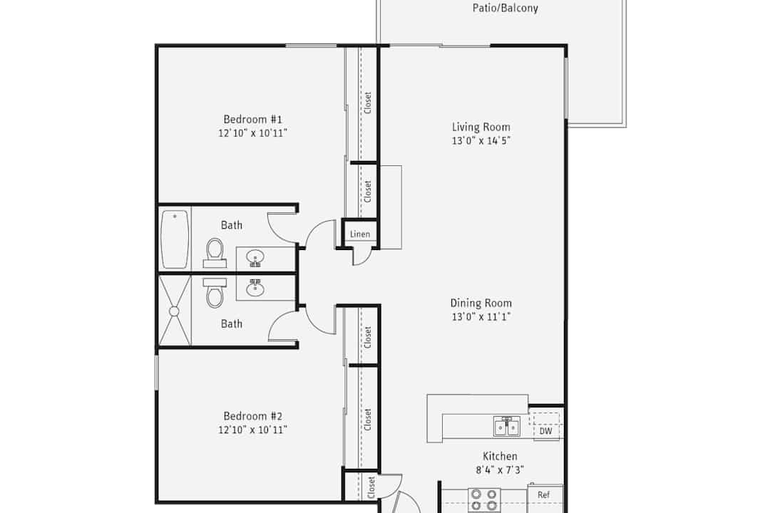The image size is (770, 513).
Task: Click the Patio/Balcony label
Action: click(x=505, y=8)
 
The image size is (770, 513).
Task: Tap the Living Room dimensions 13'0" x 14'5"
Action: click(x=481, y=141)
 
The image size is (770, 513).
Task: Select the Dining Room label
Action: click(x=481, y=303)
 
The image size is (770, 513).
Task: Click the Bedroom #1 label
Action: click(x=253, y=119)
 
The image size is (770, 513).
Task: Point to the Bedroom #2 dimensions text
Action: click(x=252, y=430)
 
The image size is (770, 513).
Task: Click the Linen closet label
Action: click(x=360, y=234)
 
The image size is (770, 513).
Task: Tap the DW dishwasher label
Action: click(x=545, y=431)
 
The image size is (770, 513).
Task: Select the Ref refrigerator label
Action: click(x=543, y=495)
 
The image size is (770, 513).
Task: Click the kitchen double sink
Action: click(x=507, y=426)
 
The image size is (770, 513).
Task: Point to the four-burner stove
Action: click(x=484, y=500)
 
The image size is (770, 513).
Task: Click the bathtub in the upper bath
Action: click(x=175, y=239)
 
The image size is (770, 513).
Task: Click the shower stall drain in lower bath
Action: click(x=174, y=311)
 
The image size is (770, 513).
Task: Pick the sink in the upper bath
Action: click(x=255, y=258)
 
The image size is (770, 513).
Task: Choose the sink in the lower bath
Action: click(x=255, y=288)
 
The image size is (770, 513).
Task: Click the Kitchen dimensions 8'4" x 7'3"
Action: click(x=500, y=470)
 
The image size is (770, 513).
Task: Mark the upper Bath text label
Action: click(x=231, y=225)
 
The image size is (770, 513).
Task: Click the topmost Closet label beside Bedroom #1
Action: click(x=368, y=103)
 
